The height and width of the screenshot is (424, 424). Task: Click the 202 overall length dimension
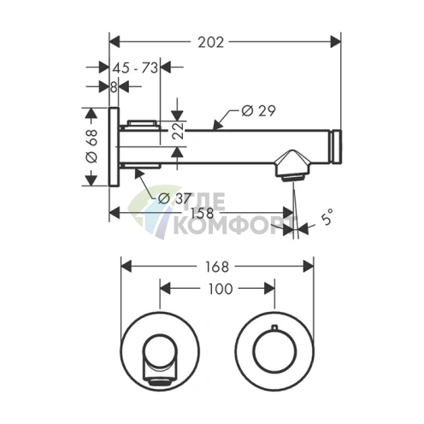point(211,43)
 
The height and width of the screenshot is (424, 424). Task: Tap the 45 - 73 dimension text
point(135,68)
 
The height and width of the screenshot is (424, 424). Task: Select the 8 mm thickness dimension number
point(114,87)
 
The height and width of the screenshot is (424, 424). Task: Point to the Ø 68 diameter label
point(91,146)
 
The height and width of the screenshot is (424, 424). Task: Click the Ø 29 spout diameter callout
point(258,111)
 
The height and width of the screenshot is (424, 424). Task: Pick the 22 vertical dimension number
point(179,131)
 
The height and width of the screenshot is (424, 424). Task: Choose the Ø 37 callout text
point(174,198)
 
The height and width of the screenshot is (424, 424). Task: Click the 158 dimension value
point(202,213)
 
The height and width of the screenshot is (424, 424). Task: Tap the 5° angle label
point(327,217)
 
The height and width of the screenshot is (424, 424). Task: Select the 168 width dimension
point(217,267)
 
